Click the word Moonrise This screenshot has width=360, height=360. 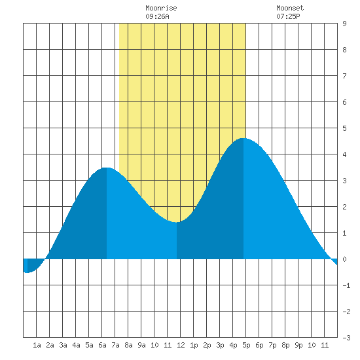161,8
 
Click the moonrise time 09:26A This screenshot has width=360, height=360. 157,16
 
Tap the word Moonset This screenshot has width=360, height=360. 290,8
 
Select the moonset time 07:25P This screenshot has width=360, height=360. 288,16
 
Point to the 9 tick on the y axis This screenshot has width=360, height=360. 344,24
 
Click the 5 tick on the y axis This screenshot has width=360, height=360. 344,128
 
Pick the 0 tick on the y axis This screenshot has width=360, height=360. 344,259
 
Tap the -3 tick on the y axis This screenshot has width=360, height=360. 346,338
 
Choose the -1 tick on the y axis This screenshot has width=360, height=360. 346,285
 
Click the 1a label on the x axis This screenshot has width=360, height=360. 37,345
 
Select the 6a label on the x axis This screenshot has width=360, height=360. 102,345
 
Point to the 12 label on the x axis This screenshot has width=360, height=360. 181,345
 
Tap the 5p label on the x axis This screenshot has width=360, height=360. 246,345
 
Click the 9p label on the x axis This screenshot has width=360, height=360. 298,345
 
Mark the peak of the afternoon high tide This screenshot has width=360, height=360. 243,138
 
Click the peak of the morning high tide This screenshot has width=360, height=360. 107,168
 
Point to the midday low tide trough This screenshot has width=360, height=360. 176,222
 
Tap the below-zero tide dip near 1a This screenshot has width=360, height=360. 27,272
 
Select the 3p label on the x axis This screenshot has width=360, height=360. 220,345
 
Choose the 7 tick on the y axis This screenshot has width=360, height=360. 344,76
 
